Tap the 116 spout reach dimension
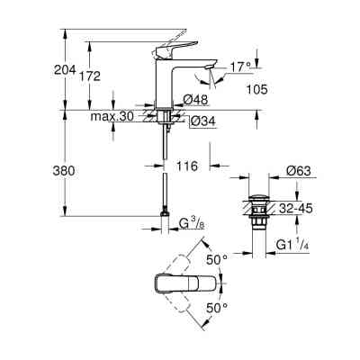[x=187, y=167]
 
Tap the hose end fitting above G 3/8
[x=164, y=213]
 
